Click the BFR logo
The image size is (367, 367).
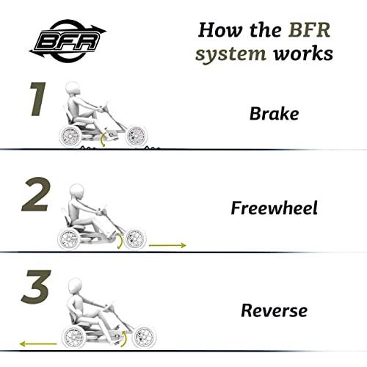[68, 41]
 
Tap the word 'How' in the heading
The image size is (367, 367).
[219, 30]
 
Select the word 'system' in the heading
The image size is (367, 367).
[230, 54]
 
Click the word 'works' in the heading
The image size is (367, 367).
[303, 54]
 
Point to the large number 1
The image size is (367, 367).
[38, 99]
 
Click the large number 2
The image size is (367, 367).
[36, 195]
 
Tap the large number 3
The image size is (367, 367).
[36, 287]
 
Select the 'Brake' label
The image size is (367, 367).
[274, 114]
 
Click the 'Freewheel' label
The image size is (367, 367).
[275, 208]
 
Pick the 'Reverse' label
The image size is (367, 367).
[274, 310]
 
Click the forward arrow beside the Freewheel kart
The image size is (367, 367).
[167, 245]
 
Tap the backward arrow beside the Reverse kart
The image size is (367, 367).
[38, 344]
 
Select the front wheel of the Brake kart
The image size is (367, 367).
[137, 136]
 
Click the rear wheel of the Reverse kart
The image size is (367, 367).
[73, 337]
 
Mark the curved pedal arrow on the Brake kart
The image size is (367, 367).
[102, 139]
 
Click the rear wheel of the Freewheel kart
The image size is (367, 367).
[69, 239]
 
